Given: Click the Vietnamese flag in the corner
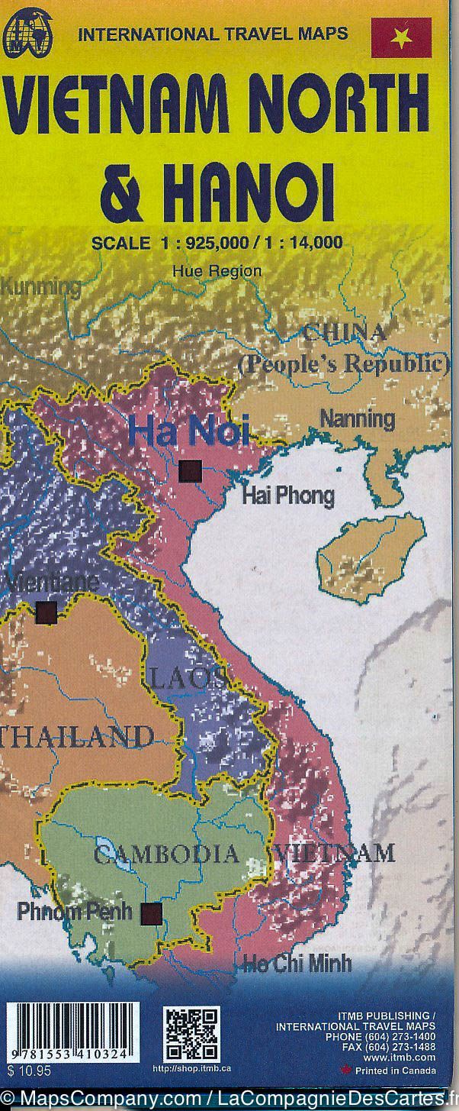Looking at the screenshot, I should tap(401, 37).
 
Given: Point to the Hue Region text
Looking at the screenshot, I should tap(217, 270).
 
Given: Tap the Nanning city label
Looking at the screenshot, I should tap(357, 418).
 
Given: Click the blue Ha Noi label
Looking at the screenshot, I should tap(188, 431).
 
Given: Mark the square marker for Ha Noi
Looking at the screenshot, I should tap(190, 471).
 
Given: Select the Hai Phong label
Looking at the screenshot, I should tap(287, 496).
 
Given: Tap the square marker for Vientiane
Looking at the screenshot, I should tap(47, 612).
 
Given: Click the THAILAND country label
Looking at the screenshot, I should tap(76, 736).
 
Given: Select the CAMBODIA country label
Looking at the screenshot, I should tap(165, 853).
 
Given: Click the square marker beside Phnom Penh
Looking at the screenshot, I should tap(152, 913).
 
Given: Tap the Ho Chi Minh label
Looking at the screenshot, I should tap(297, 962).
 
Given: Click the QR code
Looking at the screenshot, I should tap(191, 1034).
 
